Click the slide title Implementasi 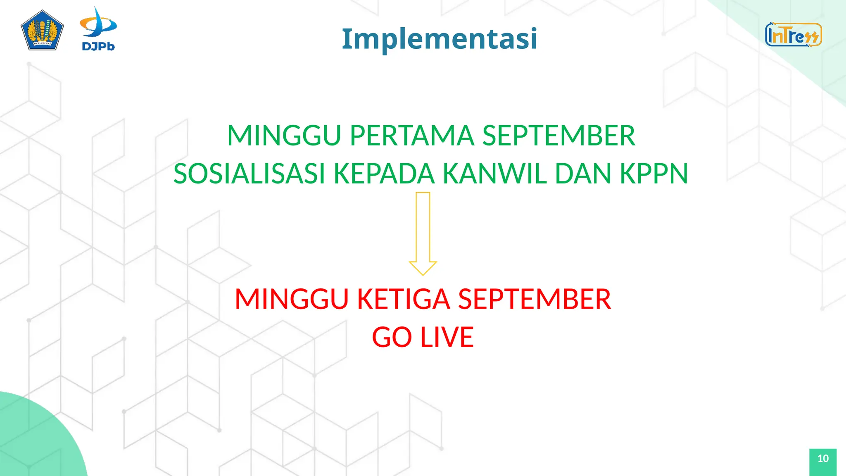440,38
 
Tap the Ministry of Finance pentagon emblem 42,31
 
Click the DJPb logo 98,29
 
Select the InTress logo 793,35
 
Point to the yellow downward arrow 423,233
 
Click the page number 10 823,459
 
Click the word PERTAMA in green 411,136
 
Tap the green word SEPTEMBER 558,136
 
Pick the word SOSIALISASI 249,174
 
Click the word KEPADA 384,174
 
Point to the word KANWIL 495,174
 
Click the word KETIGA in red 403,299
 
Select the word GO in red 392,337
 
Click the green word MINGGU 284,136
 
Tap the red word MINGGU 291,299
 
